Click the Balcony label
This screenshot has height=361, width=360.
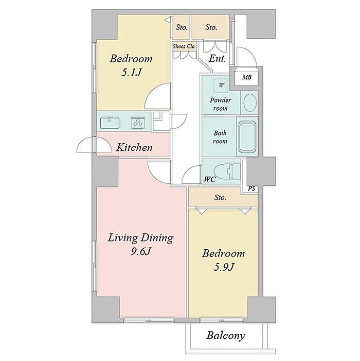(226, 335)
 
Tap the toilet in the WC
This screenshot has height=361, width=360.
(227, 171)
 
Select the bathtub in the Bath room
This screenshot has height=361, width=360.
(247, 137)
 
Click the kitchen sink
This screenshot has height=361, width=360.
(110, 123)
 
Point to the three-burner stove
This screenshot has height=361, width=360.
(138, 123)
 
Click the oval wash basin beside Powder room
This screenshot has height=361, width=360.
(250, 102)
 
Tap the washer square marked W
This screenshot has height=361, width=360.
(221, 85)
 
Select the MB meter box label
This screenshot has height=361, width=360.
(247, 77)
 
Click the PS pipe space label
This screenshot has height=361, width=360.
(251, 188)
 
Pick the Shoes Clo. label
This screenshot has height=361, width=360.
(184, 46)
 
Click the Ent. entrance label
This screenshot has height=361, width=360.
(217, 59)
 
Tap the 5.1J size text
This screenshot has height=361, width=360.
(131, 73)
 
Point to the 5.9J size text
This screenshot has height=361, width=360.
(224, 267)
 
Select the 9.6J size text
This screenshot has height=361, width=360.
(140, 251)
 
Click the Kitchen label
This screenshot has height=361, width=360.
(134, 147)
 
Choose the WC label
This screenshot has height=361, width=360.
(209, 179)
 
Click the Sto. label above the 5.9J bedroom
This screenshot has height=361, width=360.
(220, 198)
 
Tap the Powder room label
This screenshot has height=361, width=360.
(220, 104)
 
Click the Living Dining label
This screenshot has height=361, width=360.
(140, 238)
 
